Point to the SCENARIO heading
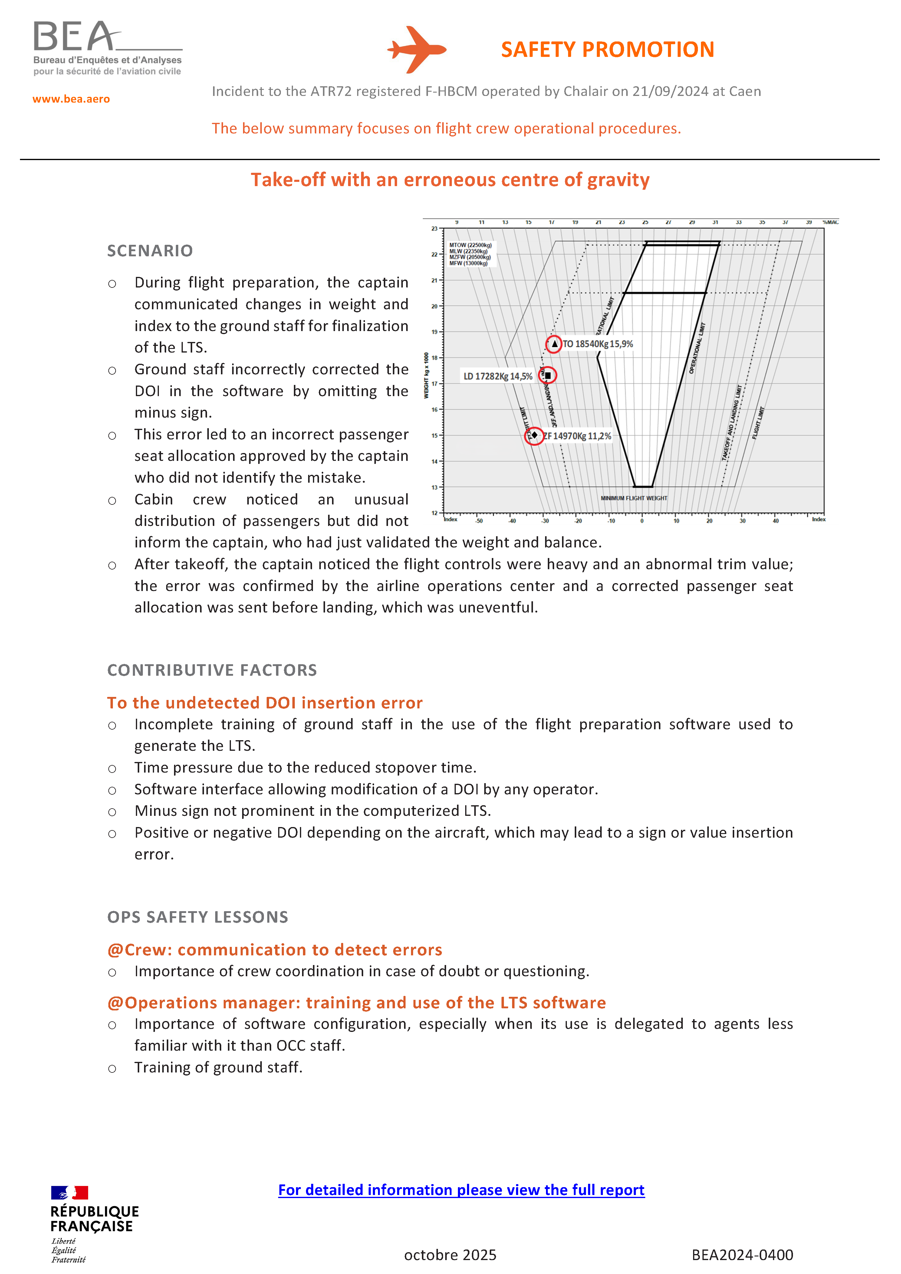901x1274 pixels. [x=150, y=251]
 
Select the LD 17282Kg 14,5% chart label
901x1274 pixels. [x=498, y=376]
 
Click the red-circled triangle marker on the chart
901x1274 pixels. [x=554, y=344]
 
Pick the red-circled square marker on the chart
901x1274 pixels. [x=548, y=376]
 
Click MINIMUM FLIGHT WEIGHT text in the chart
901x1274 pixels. [x=633, y=498]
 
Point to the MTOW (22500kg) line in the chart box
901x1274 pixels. [x=470, y=245]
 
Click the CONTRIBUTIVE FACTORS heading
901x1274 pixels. [x=212, y=670]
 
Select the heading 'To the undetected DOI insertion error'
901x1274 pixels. [x=265, y=703]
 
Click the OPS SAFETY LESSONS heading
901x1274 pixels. [x=198, y=917]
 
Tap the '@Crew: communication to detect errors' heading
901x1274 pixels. [x=275, y=950]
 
